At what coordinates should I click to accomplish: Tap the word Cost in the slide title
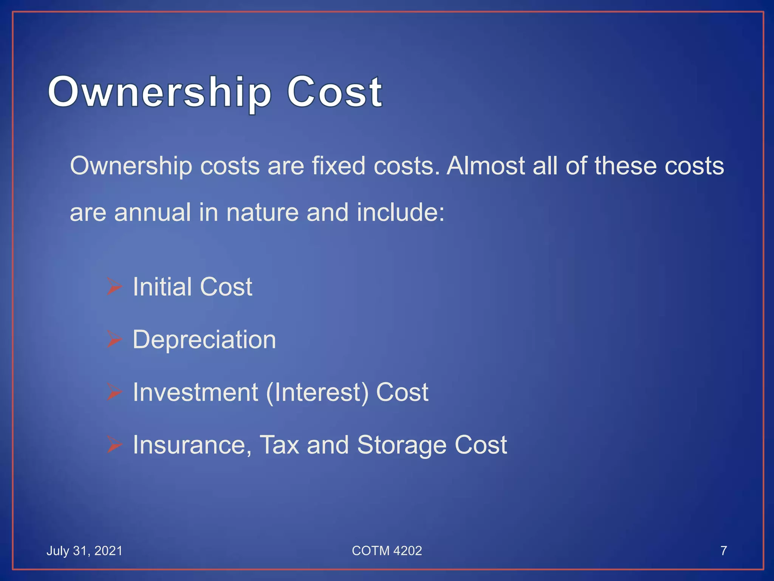(x=334, y=92)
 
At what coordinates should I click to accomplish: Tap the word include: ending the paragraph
(x=401, y=212)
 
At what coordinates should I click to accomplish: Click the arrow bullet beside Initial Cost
(x=114, y=286)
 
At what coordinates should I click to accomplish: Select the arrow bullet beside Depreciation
(x=114, y=339)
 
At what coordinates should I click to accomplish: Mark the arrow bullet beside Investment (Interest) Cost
(x=114, y=392)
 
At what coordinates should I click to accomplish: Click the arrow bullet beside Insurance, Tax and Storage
(x=114, y=444)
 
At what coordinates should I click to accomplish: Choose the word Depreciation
(x=204, y=340)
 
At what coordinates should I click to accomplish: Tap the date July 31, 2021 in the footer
(x=84, y=551)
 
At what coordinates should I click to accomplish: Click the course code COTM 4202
(x=387, y=551)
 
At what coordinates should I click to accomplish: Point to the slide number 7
(x=723, y=551)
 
